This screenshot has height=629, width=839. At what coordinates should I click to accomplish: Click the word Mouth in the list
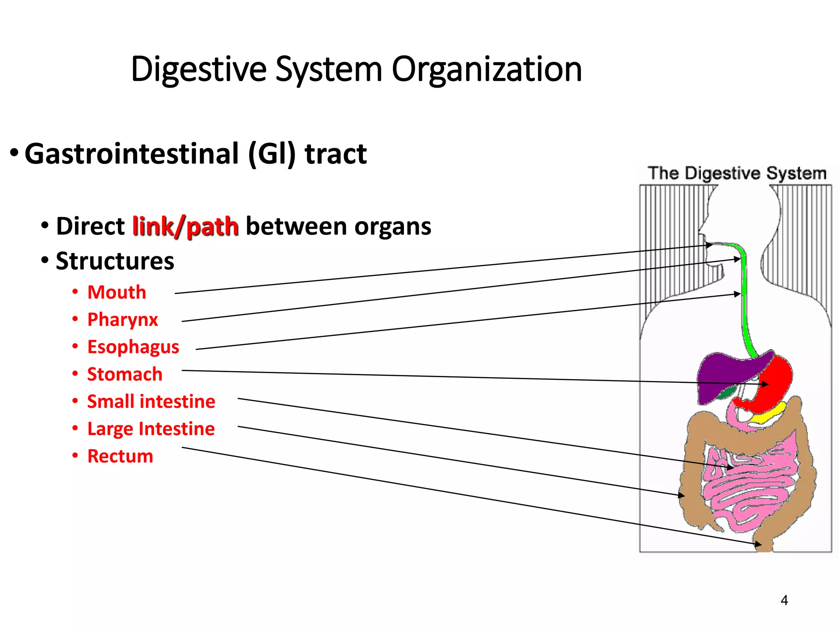pos(117,292)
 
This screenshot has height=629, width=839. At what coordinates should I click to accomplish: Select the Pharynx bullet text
pos(122,320)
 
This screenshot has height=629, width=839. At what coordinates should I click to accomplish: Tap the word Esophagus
pos(133,347)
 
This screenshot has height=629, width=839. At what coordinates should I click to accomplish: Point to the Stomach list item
pos(125,374)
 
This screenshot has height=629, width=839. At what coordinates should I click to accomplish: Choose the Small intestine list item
pos(151,401)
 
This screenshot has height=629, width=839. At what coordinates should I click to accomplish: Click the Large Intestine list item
pos(151,429)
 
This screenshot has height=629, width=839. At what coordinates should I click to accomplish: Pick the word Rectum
pos(120,456)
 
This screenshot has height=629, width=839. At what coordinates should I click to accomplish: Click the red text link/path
pos(185,226)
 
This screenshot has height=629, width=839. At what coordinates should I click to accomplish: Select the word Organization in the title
pos(486,70)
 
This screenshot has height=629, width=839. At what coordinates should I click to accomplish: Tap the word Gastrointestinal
pos(131,154)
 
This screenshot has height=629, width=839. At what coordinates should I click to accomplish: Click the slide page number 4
pos(784,600)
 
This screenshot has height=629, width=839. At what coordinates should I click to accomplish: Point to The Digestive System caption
pos(737,173)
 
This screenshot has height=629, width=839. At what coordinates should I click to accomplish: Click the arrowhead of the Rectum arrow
pos(759,545)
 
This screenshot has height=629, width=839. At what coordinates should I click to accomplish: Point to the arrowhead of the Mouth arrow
pos(710,245)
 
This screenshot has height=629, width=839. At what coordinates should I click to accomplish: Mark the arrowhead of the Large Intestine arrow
pos(682,496)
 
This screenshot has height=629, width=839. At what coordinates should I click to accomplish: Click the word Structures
pos(115,261)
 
